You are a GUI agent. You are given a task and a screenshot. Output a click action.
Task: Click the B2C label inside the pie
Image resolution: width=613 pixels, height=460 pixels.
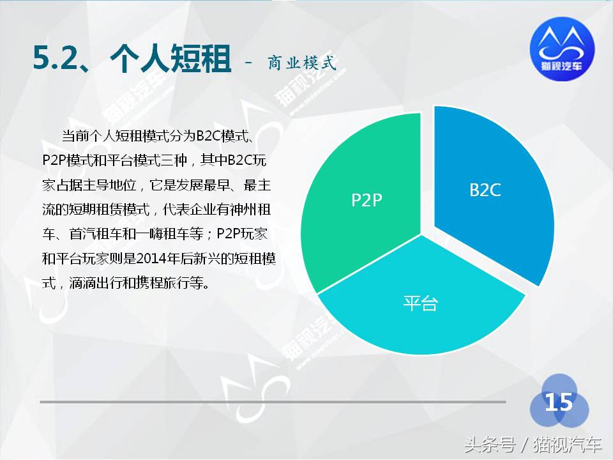tap(485, 190)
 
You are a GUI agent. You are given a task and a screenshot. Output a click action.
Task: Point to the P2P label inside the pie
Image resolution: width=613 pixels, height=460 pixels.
tap(367, 200)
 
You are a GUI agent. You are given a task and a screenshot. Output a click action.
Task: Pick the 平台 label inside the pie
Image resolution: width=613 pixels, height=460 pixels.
tap(420, 303)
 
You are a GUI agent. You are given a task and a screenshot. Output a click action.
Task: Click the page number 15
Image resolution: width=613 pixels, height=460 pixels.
tap(558, 402)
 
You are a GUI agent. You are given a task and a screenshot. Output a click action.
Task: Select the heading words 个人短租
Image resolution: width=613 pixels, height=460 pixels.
tap(169, 58)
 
